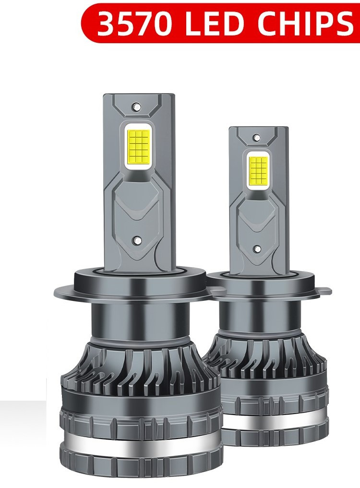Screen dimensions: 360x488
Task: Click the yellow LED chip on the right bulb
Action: [x=259, y=170]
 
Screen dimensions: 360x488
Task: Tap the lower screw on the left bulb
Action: [x=136, y=239]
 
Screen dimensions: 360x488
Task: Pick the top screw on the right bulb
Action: [x=257, y=137]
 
